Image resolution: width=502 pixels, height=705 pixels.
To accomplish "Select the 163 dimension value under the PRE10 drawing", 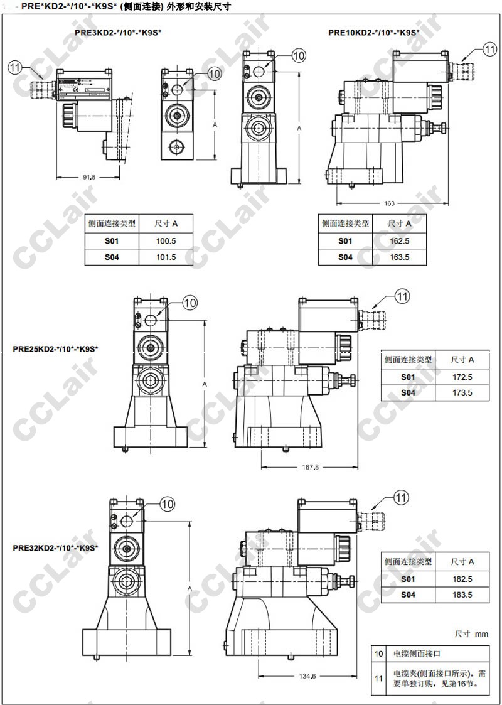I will (x=389, y=203).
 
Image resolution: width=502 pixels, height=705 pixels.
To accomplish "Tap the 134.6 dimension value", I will (x=307, y=675).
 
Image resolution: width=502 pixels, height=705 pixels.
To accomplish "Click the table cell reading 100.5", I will (x=166, y=241).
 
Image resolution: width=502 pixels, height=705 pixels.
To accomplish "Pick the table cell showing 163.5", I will (x=399, y=257).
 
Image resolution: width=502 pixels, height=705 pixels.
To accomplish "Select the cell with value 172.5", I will (x=462, y=377).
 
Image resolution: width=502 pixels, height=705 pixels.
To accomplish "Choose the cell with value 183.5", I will (x=462, y=594).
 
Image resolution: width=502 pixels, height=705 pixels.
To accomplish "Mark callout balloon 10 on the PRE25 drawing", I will (x=190, y=303).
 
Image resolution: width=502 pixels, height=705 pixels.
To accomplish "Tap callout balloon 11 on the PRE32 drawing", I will (x=401, y=498).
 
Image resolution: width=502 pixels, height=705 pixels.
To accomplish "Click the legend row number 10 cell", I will (x=378, y=654).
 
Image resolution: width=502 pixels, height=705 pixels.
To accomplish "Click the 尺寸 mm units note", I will (x=471, y=634).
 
